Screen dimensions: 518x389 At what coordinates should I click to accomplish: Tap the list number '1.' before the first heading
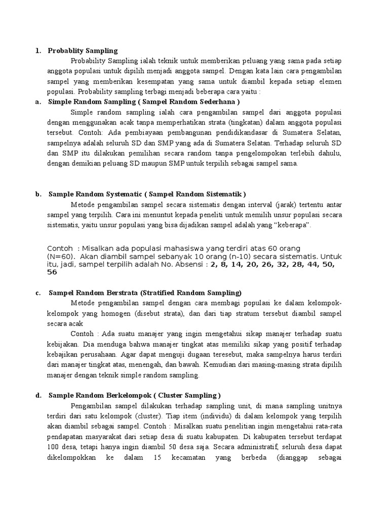tap(37, 51)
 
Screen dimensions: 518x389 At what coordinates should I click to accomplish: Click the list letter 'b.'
tap(38, 194)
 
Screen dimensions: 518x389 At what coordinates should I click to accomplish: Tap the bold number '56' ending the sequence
tap(52, 272)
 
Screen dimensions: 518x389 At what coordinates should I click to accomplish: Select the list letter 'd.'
tap(38, 396)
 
